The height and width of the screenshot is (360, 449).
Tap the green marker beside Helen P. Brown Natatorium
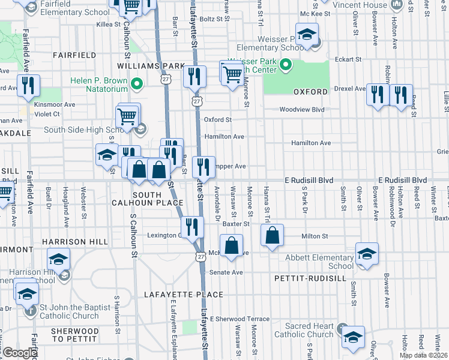click(x=137, y=85)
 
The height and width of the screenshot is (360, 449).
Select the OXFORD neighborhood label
click(x=310, y=92)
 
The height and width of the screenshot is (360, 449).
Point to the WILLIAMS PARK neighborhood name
click(x=151, y=65)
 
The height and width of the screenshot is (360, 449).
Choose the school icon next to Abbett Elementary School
click(x=367, y=253)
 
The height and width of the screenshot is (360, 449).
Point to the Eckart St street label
click(x=348, y=59)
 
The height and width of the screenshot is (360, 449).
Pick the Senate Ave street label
click(x=225, y=272)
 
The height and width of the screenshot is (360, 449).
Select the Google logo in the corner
click(x=20, y=353)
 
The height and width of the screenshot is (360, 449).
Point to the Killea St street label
click(x=112, y=26)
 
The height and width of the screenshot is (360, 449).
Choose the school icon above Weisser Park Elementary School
click(x=306, y=35)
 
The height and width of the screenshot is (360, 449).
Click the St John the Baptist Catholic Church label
click(x=75, y=311)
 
